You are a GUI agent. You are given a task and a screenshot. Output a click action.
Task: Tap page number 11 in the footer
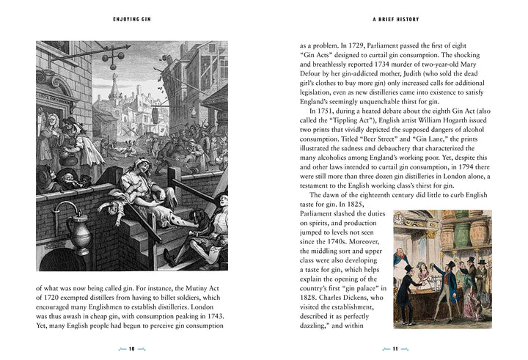tap(395, 348)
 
